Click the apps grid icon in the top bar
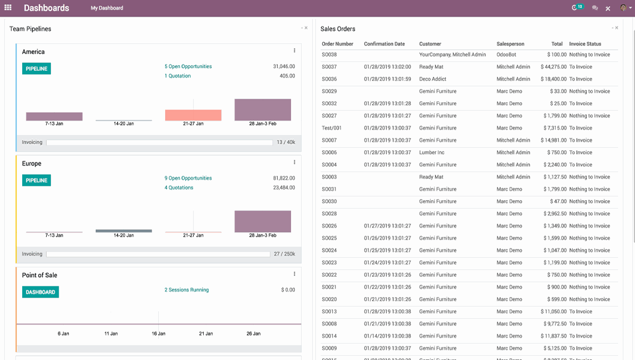click(x=8, y=8)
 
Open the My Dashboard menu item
click(x=107, y=8)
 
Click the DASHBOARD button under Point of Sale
click(x=40, y=292)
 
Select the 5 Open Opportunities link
click(x=188, y=67)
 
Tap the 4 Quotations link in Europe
click(x=179, y=187)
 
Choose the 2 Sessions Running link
click(x=186, y=290)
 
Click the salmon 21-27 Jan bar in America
click(x=193, y=115)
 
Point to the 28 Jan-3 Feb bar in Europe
click(x=262, y=221)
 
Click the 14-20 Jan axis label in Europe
click(x=123, y=235)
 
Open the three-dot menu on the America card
click(x=294, y=51)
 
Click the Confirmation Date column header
click(x=384, y=44)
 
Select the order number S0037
click(x=329, y=67)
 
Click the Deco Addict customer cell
click(x=432, y=79)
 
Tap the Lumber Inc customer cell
click(x=431, y=152)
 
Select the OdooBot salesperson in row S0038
click(x=506, y=55)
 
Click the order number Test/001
click(x=332, y=128)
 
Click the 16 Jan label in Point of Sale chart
click(x=158, y=334)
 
